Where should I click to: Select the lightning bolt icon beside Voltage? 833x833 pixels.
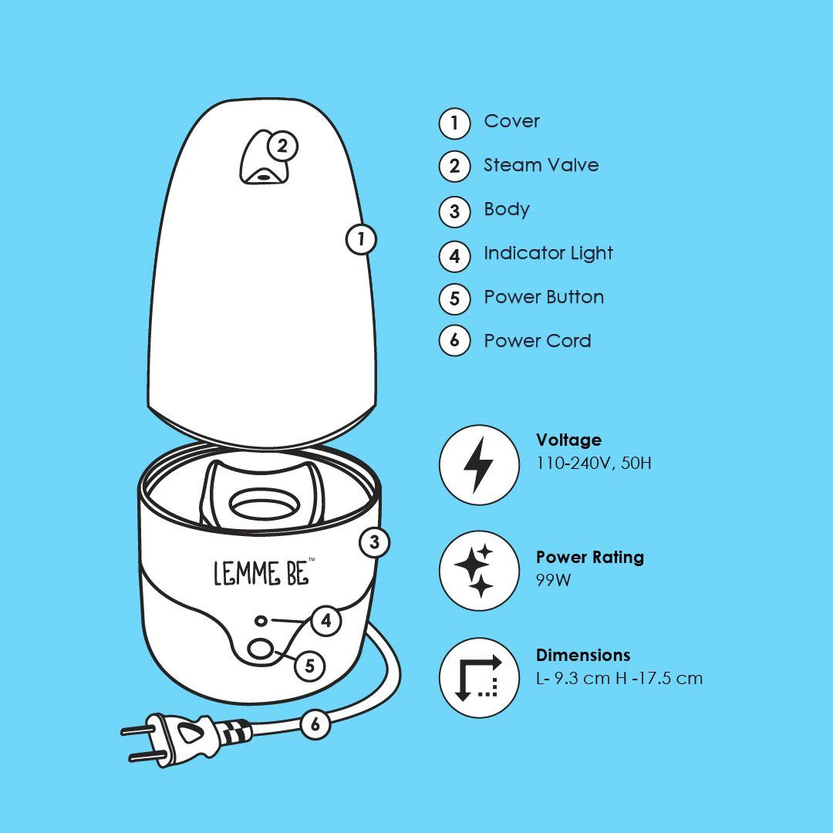479,465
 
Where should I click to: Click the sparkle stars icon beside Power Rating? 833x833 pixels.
479,571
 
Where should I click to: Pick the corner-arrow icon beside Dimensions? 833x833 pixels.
479,678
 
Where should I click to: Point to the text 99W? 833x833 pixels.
553,580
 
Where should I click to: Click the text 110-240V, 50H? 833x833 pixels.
593,464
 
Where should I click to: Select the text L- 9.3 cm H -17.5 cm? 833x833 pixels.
619,679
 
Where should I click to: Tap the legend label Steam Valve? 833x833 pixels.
541,165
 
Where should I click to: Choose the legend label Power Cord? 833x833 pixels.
537,341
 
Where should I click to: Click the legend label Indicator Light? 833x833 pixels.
548,253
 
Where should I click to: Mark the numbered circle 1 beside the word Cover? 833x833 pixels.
454,123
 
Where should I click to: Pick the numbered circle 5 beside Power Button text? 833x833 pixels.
454,299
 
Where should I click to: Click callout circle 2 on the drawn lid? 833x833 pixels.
282,146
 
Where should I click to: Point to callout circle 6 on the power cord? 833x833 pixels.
315,723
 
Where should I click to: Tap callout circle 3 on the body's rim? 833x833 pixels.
374,542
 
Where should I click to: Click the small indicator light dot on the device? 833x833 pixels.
263,620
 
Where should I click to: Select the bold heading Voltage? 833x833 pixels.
568,440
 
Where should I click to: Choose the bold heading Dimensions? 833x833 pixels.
582,655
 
